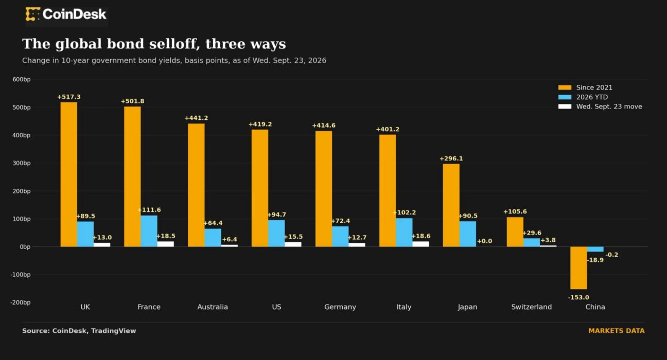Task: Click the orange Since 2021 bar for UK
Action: [x=69, y=174]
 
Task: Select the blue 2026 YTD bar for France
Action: [x=149, y=231]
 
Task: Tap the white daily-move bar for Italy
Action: [x=421, y=244]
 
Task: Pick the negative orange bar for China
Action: [x=578, y=268]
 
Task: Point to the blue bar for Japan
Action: [x=468, y=234]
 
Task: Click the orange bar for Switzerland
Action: [x=515, y=232]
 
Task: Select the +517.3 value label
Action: [x=69, y=97]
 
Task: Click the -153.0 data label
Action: [x=578, y=297]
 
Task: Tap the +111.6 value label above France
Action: [x=149, y=210]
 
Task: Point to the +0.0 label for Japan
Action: [x=484, y=241]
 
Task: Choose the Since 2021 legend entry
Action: [x=585, y=87]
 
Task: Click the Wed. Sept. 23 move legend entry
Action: [x=600, y=106]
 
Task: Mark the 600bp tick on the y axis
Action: [x=22, y=79]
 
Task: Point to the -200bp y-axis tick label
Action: [x=20, y=302]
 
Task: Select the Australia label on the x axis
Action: [x=213, y=307]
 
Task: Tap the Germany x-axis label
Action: [x=340, y=307]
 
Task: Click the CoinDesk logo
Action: [x=66, y=14]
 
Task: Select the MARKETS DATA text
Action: [x=617, y=331]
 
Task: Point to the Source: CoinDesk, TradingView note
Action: [x=79, y=331]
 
